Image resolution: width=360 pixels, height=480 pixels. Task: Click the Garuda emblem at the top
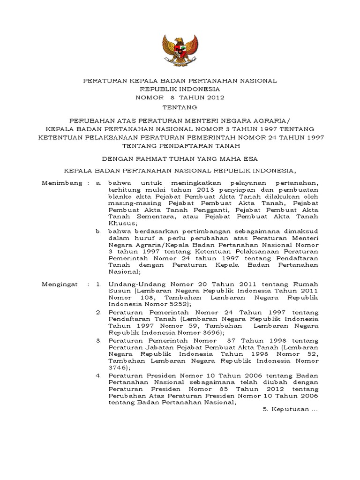(180, 49)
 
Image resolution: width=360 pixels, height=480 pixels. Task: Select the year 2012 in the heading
(214, 97)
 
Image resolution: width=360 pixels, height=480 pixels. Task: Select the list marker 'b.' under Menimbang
(98, 231)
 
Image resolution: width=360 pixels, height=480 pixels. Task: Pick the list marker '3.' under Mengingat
(98, 339)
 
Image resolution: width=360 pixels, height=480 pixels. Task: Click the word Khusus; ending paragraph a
(120, 224)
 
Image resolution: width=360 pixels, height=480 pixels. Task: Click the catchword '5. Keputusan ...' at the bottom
(289, 408)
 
